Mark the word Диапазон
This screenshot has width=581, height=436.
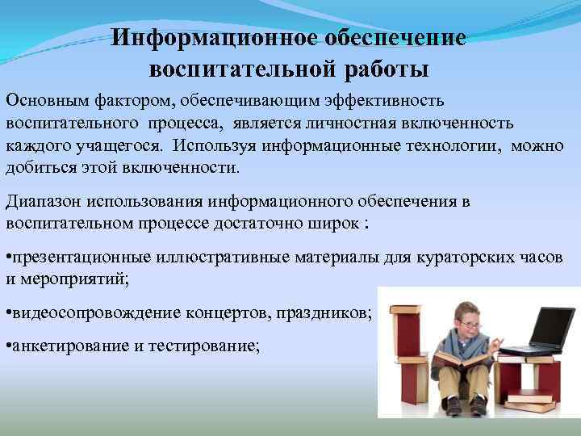click(41, 201)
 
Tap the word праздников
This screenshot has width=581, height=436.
click(327, 312)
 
